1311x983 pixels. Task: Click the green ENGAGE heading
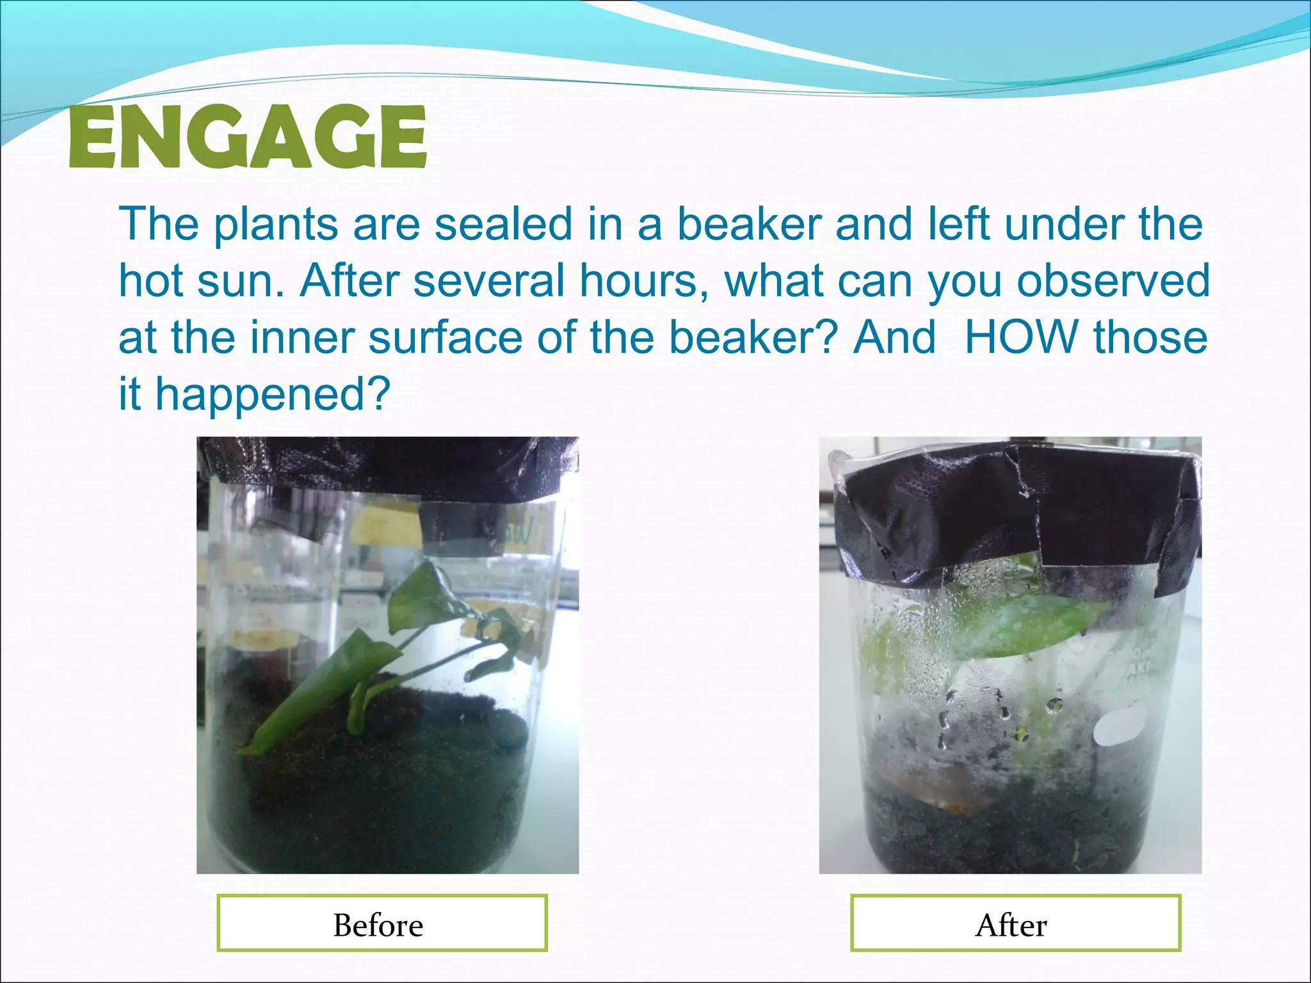tap(247, 137)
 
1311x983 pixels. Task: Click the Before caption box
tap(382, 923)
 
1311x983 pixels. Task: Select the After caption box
tap(1015, 923)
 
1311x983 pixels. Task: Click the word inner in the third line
tap(300, 337)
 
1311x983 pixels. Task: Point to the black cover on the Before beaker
tap(388, 467)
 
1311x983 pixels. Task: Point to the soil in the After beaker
tap(1005, 832)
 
